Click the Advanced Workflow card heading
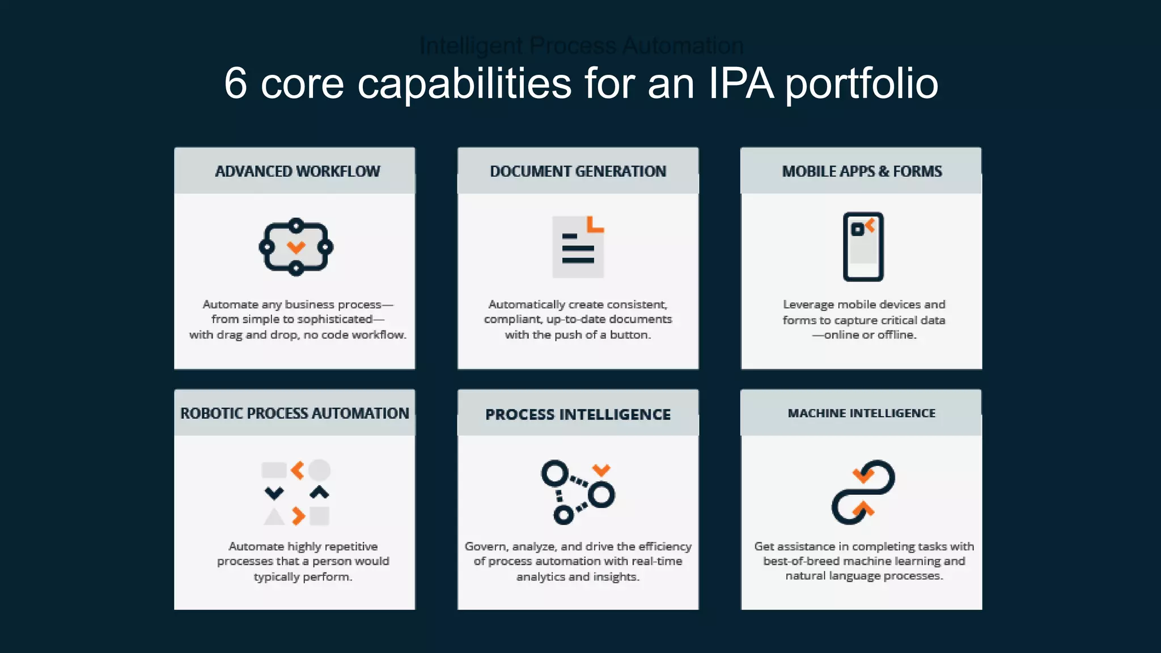point(297,171)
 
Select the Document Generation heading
point(578,171)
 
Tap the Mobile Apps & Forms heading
point(862,171)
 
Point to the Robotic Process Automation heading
point(295,413)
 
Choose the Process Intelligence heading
point(578,414)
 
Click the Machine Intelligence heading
point(862,413)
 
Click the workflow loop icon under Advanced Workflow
point(296,247)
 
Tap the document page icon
point(578,248)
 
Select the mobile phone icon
point(863,247)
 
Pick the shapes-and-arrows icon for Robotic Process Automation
point(296,492)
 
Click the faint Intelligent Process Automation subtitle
point(581,46)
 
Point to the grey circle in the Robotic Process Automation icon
point(319,470)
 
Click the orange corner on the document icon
point(595,224)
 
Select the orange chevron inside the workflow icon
point(296,247)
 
